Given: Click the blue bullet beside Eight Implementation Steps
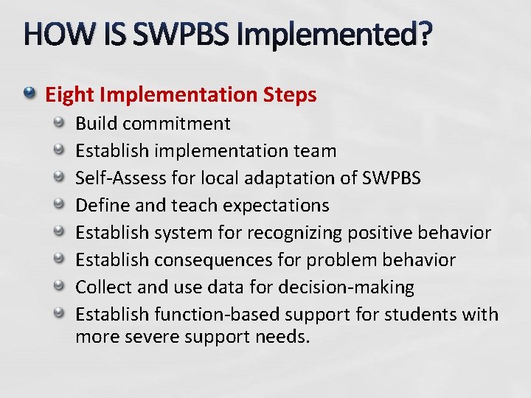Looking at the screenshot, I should pyautogui.click(x=29, y=94).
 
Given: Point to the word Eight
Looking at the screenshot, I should pyautogui.click(x=69, y=95).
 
